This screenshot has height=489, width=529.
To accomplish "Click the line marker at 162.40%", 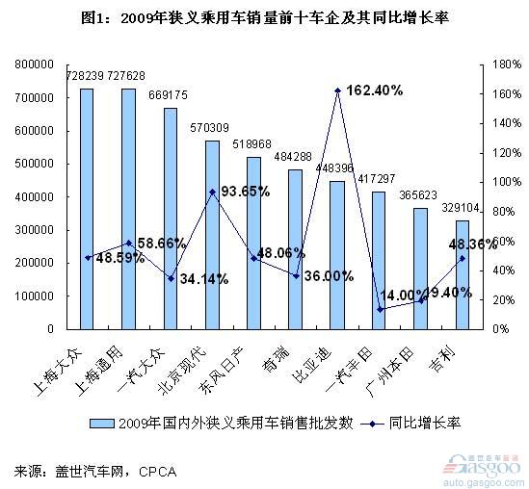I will pyautogui.click(x=337, y=90).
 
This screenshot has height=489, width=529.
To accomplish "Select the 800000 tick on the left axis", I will pyautogui.click(x=32, y=64).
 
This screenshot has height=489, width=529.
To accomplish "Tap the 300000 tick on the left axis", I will pyautogui.click(x=32, y=230).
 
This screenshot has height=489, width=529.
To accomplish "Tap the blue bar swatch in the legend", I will pyautogui.click(x=101, y=423).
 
